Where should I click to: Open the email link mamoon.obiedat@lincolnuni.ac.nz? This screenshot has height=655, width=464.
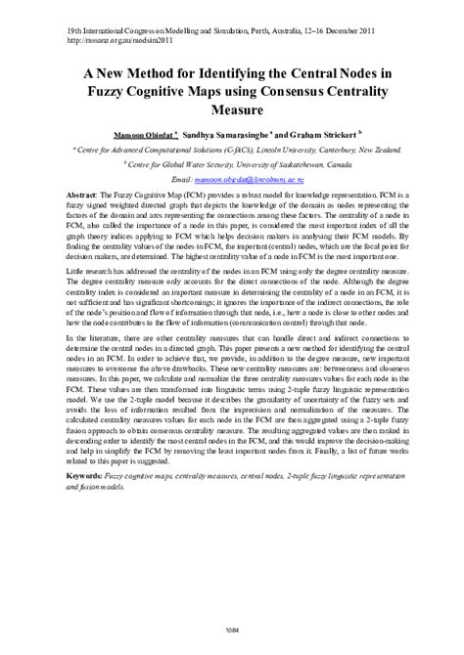(x=256, y=182)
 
